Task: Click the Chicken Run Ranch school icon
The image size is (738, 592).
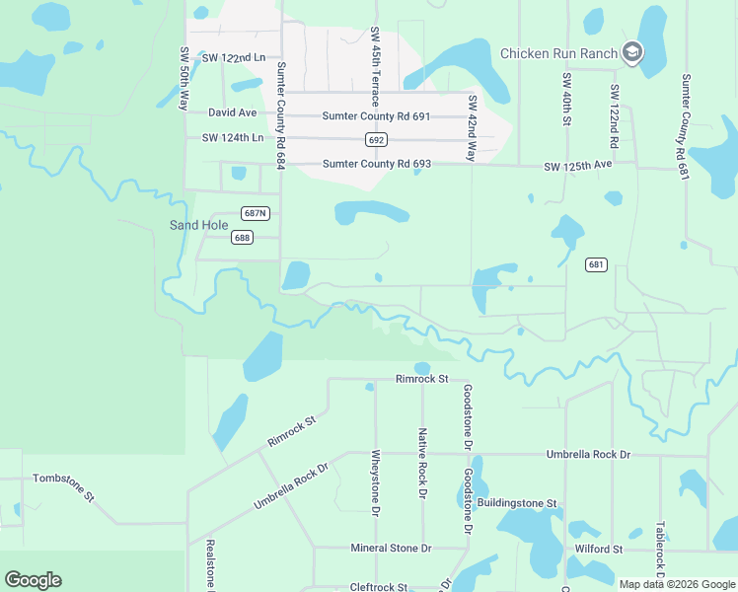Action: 632,53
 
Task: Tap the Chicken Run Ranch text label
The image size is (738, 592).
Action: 558,53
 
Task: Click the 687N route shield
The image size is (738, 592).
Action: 255,213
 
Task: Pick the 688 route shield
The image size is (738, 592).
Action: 242,237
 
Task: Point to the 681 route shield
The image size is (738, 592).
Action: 595,264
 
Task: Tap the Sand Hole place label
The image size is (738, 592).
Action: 199,225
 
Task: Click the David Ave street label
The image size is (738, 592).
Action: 232,113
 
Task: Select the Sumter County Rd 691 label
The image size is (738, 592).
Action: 376,116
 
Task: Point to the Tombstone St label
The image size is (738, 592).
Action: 63,484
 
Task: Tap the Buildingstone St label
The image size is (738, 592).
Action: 517,503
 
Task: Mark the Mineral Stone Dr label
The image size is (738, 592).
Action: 392,548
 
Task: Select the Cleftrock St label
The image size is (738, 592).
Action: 386,587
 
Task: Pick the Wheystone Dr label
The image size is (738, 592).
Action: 376,483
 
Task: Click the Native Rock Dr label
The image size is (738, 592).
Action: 422,463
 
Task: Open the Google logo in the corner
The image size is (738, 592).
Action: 33,580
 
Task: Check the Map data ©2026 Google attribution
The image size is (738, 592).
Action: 676,584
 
